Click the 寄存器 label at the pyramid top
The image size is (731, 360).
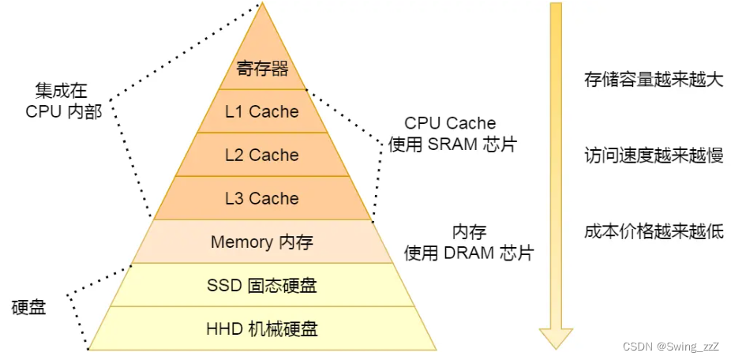tap(262, 69)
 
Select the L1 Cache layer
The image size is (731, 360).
tap(262, 111)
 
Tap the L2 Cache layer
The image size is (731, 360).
tap(262, 155)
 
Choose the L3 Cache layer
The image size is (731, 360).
tap(262, 198)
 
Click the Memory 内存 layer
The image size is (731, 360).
tap(262, 242)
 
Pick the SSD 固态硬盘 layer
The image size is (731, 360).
tap(262, 285)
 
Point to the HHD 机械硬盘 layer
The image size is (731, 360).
tap(262, 328)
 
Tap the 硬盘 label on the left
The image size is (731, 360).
tap(29, 306)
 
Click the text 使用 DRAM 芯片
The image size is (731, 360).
tap(469, 253)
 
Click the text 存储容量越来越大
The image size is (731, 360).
tap(654, 80)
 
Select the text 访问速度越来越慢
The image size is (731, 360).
tap(654, 156)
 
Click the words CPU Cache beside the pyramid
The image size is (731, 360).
tap(450, 123)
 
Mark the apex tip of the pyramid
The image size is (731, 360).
tap(262, 4)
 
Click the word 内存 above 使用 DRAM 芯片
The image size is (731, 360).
tap(469, 232)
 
